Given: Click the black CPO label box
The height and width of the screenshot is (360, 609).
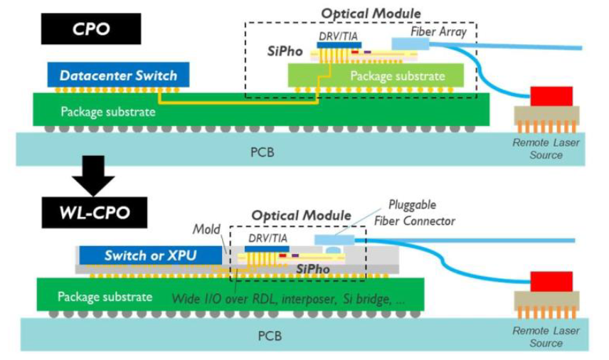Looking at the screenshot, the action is point(91,28).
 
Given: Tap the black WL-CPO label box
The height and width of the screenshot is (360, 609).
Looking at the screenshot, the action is point(95,213).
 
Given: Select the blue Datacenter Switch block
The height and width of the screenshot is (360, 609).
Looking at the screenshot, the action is point(119,75).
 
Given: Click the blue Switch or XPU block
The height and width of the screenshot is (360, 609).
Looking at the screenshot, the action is point(151,255).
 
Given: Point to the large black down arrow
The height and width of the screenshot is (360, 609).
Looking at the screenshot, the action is point(93,176).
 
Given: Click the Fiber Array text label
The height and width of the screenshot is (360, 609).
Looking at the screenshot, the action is point(438,31).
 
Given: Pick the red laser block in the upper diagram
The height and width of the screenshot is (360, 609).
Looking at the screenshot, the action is point(551,96).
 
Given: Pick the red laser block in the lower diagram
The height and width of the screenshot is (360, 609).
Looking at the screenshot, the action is point(551,282).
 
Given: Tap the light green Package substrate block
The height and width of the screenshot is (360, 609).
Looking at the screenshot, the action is point(376,75).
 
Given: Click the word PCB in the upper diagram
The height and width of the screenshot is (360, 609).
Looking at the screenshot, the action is point(262,152).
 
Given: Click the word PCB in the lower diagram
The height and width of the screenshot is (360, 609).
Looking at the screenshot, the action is point(270,336).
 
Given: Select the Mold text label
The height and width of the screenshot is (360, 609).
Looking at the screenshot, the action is point(206,229).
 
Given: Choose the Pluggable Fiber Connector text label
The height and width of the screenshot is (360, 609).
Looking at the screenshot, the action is point(414,213).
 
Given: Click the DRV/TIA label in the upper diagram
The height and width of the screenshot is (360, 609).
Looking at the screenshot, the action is point(338,36).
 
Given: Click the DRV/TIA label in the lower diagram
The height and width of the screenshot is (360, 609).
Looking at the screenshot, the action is point(268,238).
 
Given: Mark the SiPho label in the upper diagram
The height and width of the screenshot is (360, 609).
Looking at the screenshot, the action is point(285,51).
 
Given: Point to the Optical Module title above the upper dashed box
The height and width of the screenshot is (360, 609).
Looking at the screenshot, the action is point(371,14).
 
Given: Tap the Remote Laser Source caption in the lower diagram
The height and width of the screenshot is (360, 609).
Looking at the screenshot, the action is point(546,337).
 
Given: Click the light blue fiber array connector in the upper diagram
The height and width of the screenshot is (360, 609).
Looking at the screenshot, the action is point(410,44).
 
